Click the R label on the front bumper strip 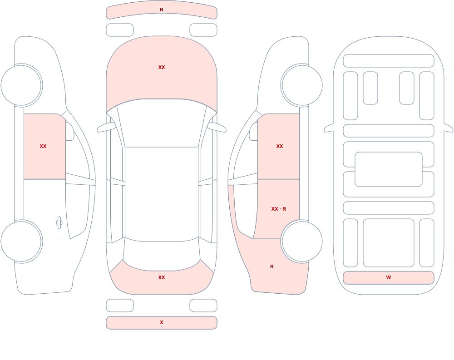[x=162, y=10]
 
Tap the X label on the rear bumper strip [x=162, y=322]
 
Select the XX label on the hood [x=162, y=67]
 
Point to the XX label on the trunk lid [x=162, y=277]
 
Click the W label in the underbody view [x=389, y=277]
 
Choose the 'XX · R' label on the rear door [x=279, y=209]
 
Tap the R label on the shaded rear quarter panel [x=272, y=266]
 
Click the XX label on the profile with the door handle [x=43, y=146]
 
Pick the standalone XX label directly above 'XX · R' [x=280, y=146]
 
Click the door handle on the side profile [x=59, y=223]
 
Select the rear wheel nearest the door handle [x=21, y=241]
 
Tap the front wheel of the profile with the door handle [x=21, y=85]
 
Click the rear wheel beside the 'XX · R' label [x=302, y=241]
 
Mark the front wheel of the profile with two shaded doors [x=302, y=85]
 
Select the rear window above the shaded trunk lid [x=162, y=255]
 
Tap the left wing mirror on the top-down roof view [x=106, y=127]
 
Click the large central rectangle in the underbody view [x=389, y=169]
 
